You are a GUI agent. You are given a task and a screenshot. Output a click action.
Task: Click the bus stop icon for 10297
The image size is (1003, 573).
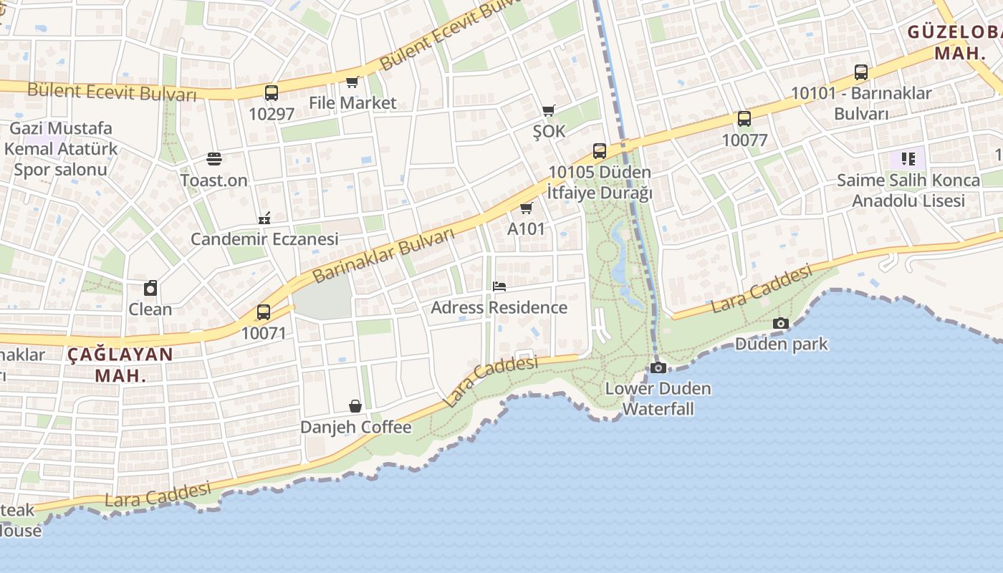coord(271,93)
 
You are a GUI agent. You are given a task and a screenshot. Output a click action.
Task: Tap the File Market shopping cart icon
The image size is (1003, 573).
coord(352,82)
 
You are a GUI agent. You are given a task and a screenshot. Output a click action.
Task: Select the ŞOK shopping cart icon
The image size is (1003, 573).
coord(549,110)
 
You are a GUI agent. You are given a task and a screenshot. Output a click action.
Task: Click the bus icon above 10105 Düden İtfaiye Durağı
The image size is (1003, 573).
coord(600,151)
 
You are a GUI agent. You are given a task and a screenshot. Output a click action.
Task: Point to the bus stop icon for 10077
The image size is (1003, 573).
coord(744,119)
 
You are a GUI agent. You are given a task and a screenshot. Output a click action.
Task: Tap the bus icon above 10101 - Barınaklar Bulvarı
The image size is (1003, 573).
coord(861,72)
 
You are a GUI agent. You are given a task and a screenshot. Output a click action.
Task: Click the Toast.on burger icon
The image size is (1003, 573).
coord(213,159)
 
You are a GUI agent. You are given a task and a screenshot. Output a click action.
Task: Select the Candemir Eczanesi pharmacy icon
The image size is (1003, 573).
coord(264,218)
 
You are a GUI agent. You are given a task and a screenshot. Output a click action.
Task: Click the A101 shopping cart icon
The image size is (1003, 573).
coord(527,208)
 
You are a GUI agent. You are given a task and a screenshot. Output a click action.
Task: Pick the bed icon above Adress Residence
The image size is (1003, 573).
coord(499,286)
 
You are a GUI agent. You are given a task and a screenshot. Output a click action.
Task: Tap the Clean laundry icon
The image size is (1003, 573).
coord(150,288)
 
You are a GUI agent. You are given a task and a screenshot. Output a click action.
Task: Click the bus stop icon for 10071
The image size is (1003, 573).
coord(264,312)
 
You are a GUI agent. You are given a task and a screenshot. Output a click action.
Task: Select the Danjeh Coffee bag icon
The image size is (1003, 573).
coord(355,406)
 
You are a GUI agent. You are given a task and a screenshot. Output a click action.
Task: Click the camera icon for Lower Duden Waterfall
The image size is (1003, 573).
coord(658,367)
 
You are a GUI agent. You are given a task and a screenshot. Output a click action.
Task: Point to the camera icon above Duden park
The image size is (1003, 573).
coord(781,323)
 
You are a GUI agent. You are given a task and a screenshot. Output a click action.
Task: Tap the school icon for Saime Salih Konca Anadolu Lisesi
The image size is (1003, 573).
coord(908,158)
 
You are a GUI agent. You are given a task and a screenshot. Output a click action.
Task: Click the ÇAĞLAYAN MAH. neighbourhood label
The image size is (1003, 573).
coord(120,365)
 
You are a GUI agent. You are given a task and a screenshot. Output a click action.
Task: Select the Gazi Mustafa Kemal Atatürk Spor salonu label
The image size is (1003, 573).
coord(61,149)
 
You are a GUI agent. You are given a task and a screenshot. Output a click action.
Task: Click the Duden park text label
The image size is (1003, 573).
coord(781,344)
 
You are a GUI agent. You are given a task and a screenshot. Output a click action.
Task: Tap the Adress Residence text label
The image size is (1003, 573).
coord(499,307)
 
